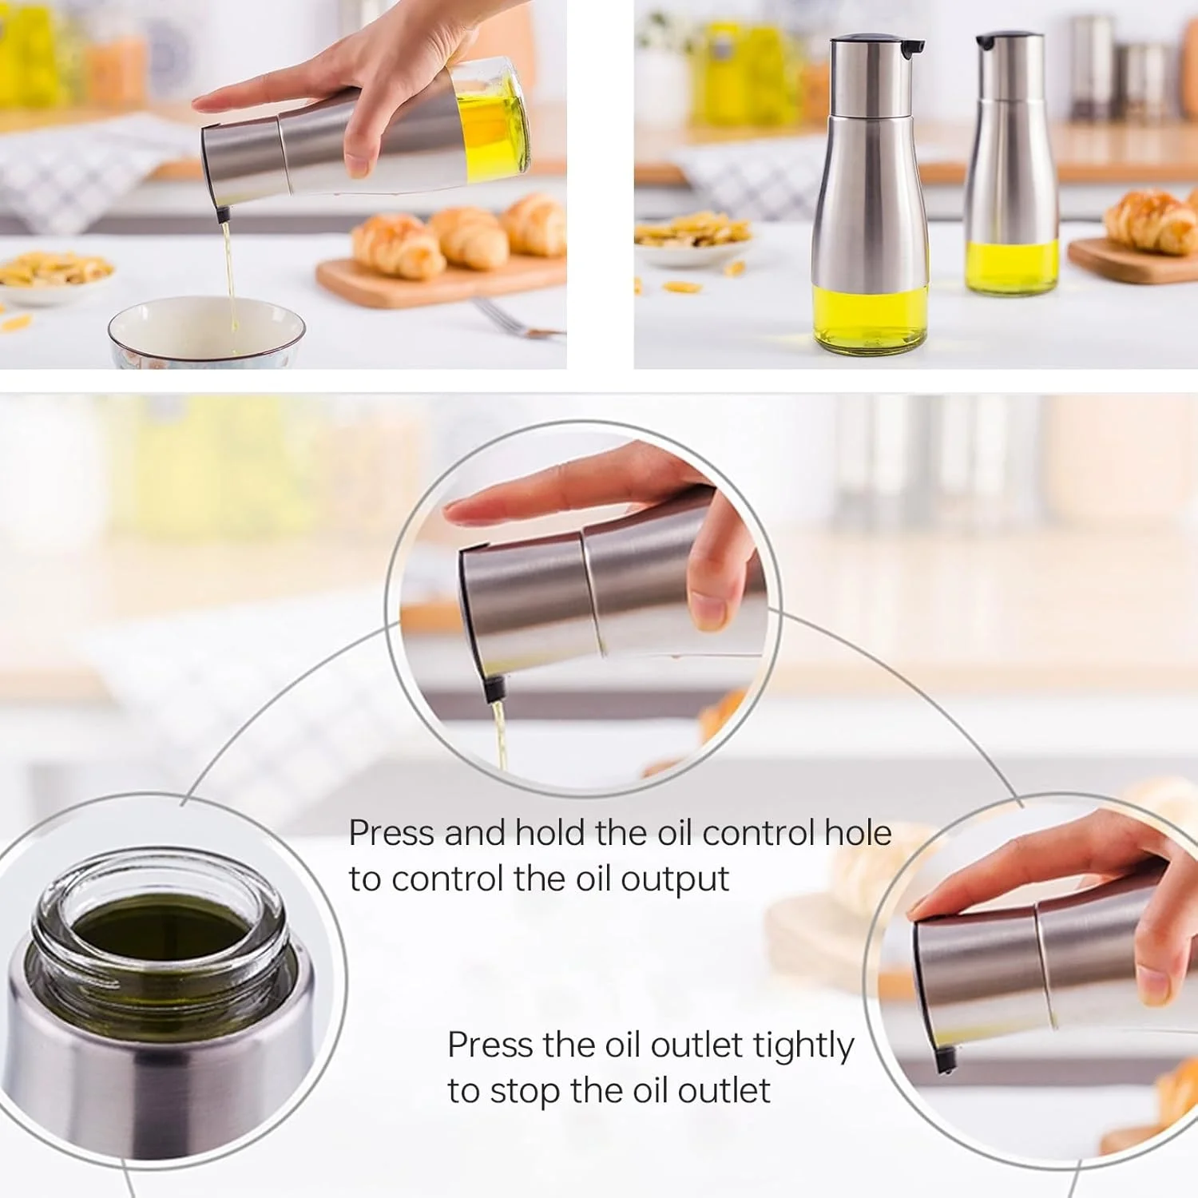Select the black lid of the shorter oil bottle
[x=1008, y=40]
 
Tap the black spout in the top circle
[x=496, y=686]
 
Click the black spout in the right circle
[x=946, y=1060]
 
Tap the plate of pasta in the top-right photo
[x=692, y=236]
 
